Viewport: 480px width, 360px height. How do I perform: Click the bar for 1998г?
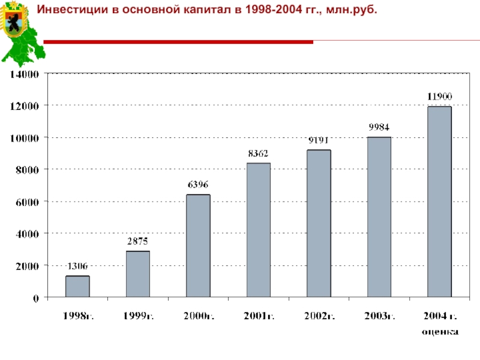click(x=77, y=286)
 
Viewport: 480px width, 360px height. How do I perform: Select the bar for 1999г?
click(x=137, y=274)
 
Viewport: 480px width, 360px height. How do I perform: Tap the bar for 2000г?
click(x=198, y=245)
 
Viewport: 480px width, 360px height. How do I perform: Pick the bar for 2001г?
click(x=258, y=230)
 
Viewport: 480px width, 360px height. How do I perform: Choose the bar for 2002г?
click(x=319, y=223)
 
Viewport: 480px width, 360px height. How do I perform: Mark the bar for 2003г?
click(x=379, y=217)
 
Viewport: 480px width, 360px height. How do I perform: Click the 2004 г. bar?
click(x=439, y=202)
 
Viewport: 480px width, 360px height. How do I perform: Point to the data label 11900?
click(x=439, y=96)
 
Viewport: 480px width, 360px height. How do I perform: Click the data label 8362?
click(x=258, y=153)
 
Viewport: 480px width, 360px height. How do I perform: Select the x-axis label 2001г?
click(x=258, y=316)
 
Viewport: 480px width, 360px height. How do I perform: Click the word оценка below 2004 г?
click(x=440, y=331)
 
